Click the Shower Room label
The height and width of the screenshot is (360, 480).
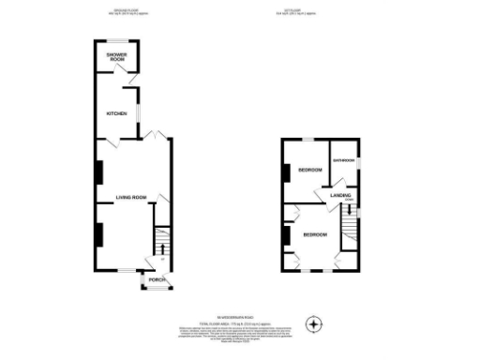click(x=116, y=58)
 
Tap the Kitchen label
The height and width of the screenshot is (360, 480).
click(x=116, y=113)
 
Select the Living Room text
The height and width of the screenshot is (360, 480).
click(x=131, y=197)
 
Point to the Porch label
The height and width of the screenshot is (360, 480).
click(x=156, y=278)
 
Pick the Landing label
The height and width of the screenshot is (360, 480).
click(x=340, y=195)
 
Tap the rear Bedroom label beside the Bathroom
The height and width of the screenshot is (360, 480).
click(x=309, y=170)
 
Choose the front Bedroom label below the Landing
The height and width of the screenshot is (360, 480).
click(x=314, y=234)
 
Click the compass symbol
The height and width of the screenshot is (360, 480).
click(x=315, y=325)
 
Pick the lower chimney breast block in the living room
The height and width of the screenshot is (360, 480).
click(x=97, y=234)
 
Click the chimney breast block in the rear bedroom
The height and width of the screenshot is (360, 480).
click(x=285, y=172)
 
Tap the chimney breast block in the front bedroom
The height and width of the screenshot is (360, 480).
click(x=285, y=235)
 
